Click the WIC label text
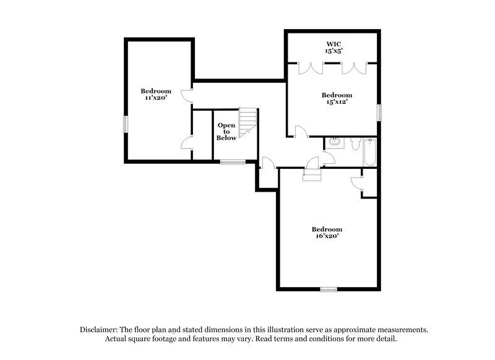(335, 45)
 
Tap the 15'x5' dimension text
(335, 52)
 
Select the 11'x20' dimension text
(155, 98)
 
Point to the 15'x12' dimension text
(336, 102)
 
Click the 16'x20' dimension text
(327, 236)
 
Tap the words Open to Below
(226, 132)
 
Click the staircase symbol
(248, 121)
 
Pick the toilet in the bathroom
(355, 145)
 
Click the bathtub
(370, 152)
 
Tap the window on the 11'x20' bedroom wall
(126, 124)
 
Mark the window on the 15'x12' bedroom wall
(379, 112)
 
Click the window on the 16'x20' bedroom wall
(328, 289)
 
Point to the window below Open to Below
(233, 162)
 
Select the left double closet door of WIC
(308, 67)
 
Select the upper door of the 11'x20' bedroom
(187, 95)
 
